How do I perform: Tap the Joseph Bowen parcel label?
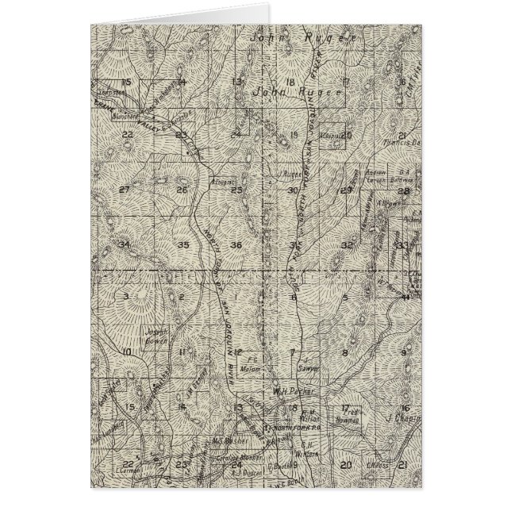click(x=156, y=339)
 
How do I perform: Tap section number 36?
click(x=236, y=244)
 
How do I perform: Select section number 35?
click(x=183, y=245)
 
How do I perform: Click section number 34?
click(x=124, y=244)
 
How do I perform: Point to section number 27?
click(x=124, y=190)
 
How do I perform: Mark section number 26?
click(x=182, y=190)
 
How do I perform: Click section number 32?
click(x=347, y=245)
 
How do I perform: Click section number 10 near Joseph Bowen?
click(x=126, y=351)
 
